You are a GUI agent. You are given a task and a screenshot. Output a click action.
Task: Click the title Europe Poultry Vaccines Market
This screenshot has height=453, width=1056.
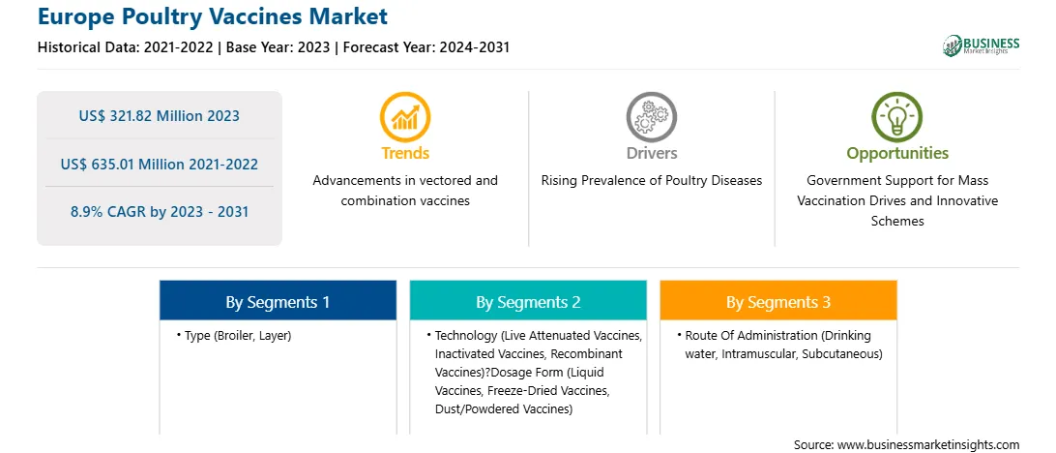pos(213,16)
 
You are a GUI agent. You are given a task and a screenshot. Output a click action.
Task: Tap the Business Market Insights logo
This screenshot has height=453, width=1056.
pos(981,45)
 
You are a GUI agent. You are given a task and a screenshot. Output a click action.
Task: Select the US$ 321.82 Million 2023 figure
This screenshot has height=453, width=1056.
pos(159,116)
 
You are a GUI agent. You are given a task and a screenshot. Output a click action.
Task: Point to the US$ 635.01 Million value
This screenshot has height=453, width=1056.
pos(159,164)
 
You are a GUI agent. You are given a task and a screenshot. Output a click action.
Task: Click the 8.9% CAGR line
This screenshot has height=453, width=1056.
pos(159,212)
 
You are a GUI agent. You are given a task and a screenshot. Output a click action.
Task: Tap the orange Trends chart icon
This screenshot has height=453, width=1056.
pos(405,116)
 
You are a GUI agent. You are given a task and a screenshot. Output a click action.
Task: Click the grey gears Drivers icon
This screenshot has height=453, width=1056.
pos(651,116)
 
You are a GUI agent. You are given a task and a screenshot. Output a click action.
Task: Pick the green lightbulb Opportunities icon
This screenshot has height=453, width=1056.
pos(897,116)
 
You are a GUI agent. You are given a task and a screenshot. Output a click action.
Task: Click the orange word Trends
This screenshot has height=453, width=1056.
pos(405,153)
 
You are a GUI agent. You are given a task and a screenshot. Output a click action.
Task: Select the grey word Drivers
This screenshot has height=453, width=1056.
pos(651,153)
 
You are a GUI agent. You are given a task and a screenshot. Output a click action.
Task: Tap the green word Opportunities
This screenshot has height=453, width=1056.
pos(897,154)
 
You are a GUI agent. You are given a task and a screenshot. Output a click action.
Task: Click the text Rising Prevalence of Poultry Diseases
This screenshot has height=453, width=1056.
pos(651,181)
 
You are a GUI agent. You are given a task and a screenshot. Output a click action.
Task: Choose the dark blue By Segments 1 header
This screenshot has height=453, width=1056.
pos(278,301)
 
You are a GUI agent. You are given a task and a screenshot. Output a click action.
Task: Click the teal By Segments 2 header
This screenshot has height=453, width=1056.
pos(528,301)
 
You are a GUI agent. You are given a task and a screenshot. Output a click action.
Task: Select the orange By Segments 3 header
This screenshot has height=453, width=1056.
pos(778,301)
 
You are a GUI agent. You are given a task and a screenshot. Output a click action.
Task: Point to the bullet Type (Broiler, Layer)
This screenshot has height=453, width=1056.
pos(234,336)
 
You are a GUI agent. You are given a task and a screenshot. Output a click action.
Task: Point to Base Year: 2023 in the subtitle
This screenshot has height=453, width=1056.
pos(279,47)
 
